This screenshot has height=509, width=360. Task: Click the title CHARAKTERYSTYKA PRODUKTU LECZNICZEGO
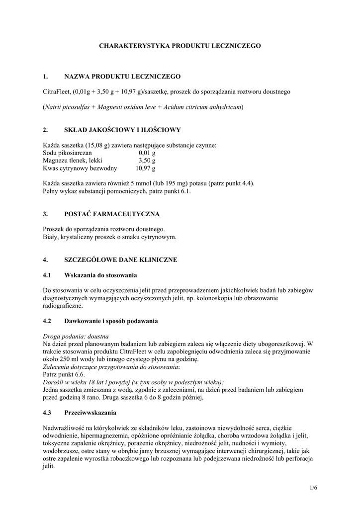(180, 45)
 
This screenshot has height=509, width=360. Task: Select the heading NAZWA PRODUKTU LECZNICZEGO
(122, 77)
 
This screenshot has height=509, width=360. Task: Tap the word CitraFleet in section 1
(57, 91)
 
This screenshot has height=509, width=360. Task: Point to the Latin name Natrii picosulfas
(67, 107)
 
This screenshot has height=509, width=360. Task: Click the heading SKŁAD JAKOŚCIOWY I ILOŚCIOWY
(122, 130)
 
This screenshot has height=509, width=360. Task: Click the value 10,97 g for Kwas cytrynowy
(146, 169)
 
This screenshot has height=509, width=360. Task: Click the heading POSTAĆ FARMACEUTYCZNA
(112, 214)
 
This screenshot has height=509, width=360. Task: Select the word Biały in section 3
(51, 237)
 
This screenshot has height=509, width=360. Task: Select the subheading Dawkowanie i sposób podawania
(111, 321)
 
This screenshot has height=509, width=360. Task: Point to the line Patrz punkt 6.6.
(64, 374)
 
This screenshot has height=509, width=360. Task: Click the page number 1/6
(313, 488)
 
